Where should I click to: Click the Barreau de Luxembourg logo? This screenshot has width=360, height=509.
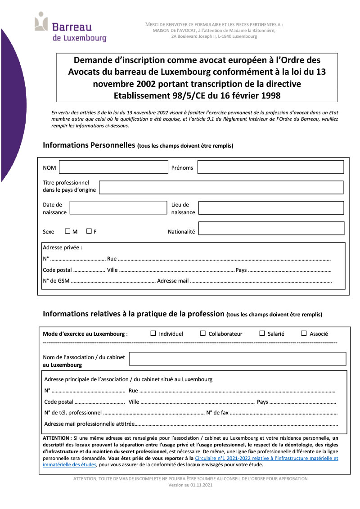click(70, 28)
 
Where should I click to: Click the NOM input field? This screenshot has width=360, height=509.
click(113, 167)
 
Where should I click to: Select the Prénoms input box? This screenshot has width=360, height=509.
click(270, 167)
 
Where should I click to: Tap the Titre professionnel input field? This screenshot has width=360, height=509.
click(221, 187)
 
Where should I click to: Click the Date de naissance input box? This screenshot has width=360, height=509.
click(118, 207)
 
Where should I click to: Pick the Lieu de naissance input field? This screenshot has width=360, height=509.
click(271, 207)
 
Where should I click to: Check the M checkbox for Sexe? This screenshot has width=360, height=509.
click(67, 231)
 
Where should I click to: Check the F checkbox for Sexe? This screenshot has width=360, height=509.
click(89, 231)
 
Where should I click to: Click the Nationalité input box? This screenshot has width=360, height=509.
click(271, 228)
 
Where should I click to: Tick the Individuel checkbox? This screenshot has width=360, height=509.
click(153, 333)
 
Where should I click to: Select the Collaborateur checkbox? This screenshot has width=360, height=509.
click(202, 333)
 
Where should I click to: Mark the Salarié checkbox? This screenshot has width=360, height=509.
click(262, 333)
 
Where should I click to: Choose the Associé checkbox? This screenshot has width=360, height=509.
click(304, 333)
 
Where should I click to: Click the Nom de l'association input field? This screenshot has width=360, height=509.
click(238, 359)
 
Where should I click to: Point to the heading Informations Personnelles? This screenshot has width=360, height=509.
click(89, 145)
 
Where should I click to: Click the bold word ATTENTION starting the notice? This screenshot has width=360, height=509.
click(56, 438)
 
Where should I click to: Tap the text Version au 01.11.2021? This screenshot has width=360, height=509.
click(190, 485)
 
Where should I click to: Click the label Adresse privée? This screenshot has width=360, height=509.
click(62, 248)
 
